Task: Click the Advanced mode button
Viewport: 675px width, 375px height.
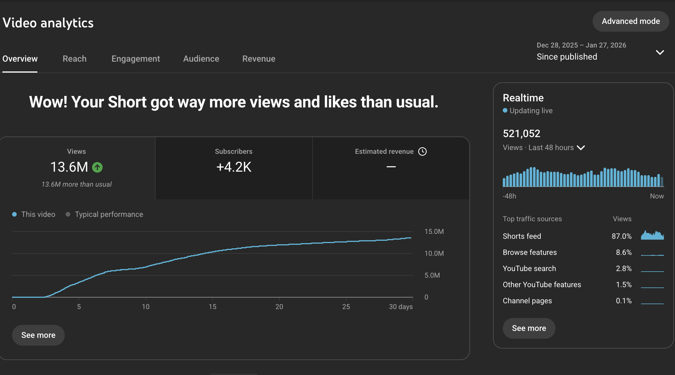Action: tap(631, 21)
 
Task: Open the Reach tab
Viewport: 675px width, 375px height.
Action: tap(75, 59)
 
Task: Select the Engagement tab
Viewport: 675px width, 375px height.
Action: tap(136, 59)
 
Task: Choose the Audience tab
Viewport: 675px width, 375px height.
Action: tap(201, 59)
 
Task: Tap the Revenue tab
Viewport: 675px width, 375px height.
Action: tap(259, 59)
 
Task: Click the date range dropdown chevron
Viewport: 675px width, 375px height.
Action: tap(660, 52)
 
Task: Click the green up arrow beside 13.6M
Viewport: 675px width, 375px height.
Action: tap(97, 167)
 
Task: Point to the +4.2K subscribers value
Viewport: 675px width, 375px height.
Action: tap(234, 167)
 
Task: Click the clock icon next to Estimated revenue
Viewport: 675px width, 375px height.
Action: tap(422, 151)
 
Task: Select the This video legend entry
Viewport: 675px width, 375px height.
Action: tap(34, 214)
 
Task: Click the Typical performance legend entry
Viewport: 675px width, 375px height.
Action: tap(104, 214)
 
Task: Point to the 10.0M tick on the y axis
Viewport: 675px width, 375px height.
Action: tap(434, 253)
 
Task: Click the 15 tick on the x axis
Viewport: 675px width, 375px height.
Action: tap(213, 307)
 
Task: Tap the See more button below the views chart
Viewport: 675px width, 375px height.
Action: tap(38, 335)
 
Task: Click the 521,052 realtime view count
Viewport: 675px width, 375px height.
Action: tap(522, 134)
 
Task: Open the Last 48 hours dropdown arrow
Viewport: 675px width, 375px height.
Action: tap(581, 148)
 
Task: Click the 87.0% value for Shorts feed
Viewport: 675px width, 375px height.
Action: tap(622, 236)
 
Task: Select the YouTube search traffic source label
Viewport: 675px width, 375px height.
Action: tap(529, 268)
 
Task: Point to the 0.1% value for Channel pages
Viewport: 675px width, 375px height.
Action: tap(624, 301)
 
